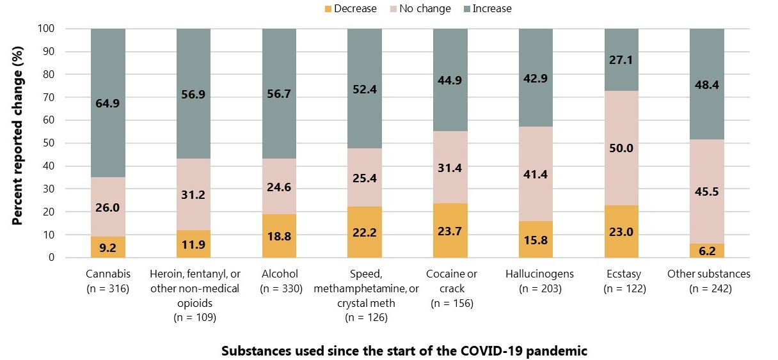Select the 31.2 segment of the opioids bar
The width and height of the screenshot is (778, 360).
(x=193, y=194)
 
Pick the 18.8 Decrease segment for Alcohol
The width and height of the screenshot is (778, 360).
(x=279, y=235)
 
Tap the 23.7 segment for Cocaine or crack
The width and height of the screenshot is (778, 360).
(x=450, y=231)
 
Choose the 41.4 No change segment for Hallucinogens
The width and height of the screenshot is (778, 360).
(x=536, y=174)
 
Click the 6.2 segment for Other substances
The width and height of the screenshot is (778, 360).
(x=707, y=251)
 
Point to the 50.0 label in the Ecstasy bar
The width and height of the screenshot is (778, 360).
(x=621, y=148)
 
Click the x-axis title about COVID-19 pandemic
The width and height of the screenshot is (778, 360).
(x=404, y=351)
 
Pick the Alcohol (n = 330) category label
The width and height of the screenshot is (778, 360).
(x=279, y=281)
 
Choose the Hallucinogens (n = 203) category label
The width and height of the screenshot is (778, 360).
(x=536, y=281)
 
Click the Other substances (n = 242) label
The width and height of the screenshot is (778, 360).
(x=708, y=281)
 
